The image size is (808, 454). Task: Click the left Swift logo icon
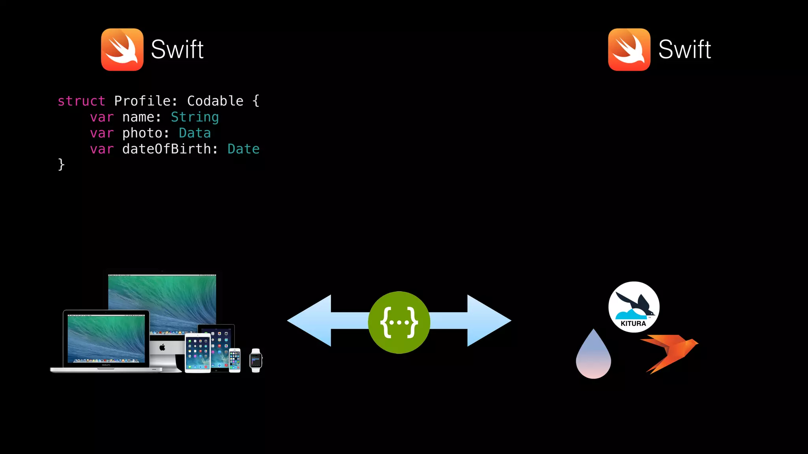[122, 50]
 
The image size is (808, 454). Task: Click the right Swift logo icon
[629, 50]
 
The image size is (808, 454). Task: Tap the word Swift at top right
[685, 50]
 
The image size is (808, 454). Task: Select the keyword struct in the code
[81, 101]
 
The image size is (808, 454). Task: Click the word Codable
[215, 101]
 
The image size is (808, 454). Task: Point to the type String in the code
[195, 117]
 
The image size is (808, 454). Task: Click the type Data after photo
[195, 133]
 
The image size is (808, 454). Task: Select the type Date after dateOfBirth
[243, 149]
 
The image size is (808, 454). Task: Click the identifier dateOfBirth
[166, 149]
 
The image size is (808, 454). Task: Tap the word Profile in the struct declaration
[142, 101]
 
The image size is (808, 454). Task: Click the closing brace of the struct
[61, 164]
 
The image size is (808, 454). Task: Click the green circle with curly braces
[399, 322]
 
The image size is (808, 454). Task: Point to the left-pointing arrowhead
[310, 321]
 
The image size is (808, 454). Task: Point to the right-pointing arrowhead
[489, 321]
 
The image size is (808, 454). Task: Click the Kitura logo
[634, 307]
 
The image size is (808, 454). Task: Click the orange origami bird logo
[670, 352]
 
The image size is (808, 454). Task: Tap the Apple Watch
[256, 360]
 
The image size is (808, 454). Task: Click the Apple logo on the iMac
[162, 347]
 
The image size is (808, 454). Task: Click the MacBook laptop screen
[106, 338]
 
